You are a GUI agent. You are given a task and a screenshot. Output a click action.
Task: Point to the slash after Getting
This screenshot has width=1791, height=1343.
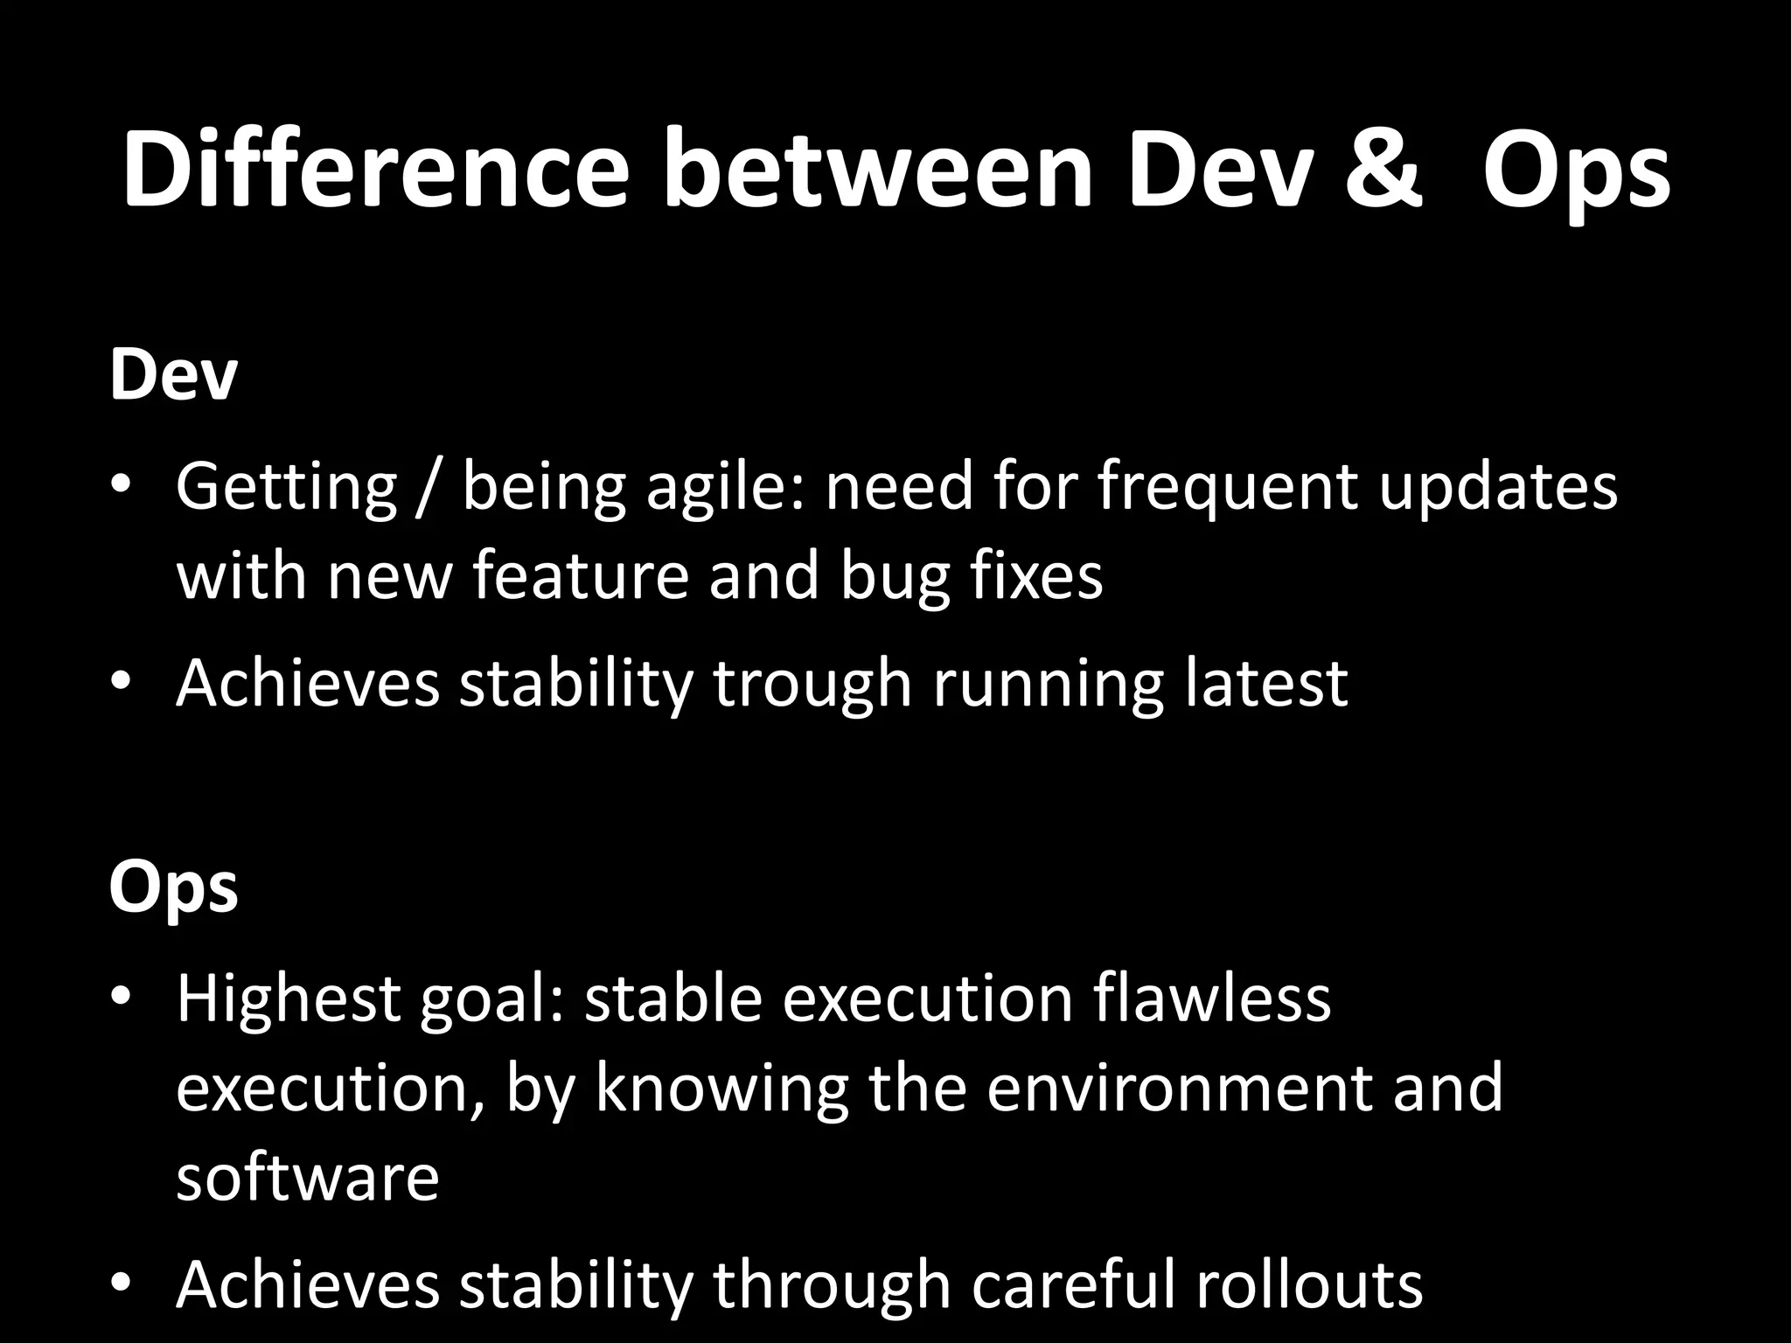tap(429, 488)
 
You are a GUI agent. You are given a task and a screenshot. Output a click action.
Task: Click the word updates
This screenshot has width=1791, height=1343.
tap(1498, 488)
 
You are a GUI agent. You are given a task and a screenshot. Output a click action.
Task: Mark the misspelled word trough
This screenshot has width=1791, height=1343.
tap(812, 684)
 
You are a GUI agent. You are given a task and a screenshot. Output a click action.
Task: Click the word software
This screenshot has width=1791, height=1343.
tap(307, 1177)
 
